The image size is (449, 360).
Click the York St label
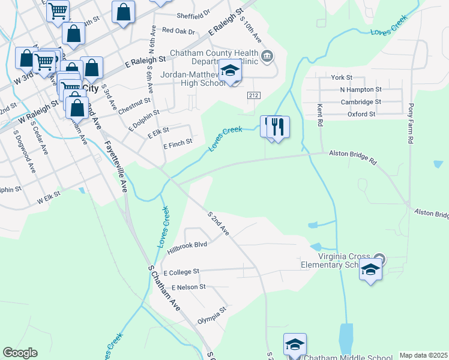coord(341,78)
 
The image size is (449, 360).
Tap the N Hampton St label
coord(360,89)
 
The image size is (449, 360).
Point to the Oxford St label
coord(361,113)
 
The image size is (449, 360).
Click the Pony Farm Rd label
coord(411,130)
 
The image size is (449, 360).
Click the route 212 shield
coord(253,95)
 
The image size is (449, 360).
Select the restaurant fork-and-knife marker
coord(277,127)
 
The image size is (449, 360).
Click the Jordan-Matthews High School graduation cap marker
coord(229,71)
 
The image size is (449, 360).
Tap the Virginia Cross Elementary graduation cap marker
coord(371,270)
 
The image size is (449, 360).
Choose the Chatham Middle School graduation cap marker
coord(295,344)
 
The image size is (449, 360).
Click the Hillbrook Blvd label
coord(187,245)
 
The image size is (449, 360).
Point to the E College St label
coord(180,272)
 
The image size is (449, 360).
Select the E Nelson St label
coord(188,287)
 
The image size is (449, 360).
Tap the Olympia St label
coord(211,316)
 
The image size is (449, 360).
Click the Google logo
coord(20,353)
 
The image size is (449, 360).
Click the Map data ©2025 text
coord(423,355)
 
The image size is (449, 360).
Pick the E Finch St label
coord(178,142)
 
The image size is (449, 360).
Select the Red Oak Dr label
coord(178,30)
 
